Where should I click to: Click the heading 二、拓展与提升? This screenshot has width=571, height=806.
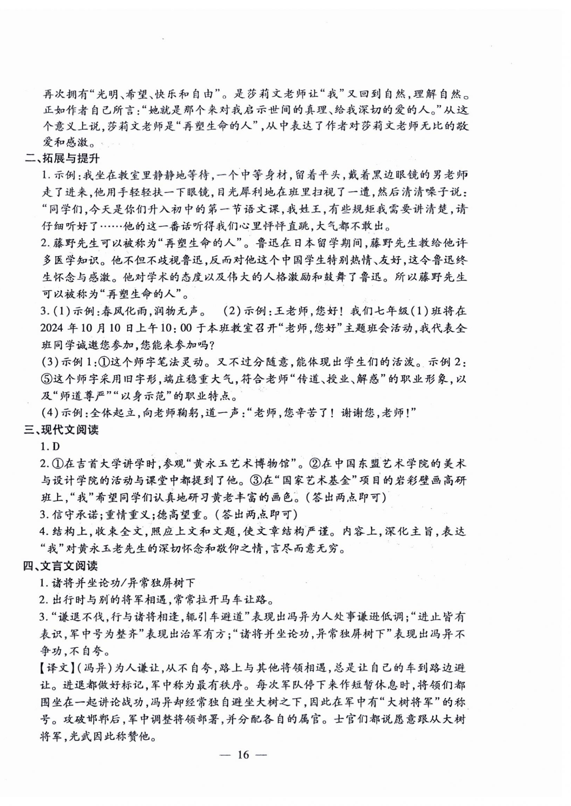point(62,158)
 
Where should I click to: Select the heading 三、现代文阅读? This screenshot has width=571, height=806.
point(61,430)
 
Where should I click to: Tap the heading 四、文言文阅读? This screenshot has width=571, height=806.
point(61,566)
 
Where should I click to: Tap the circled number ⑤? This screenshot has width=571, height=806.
point(46,379)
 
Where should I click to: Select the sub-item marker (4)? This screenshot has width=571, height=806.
point(50,412)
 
